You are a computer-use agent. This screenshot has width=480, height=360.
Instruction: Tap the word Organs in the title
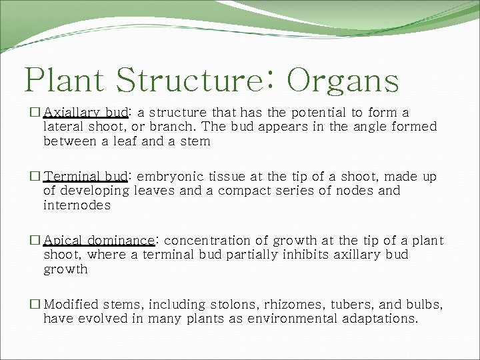click(x=343, y=81)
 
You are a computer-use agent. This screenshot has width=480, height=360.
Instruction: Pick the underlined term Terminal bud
click(x=85, y=177)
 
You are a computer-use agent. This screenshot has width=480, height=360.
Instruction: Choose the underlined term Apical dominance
click(x=99, y=241)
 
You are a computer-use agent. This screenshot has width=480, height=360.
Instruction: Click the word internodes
click(x=77, y=206)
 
